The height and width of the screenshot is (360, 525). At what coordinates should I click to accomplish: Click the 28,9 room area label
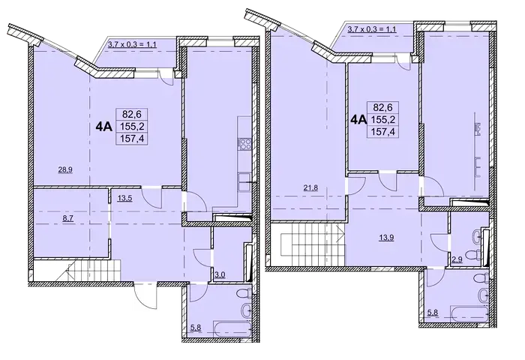[x=65, y=169]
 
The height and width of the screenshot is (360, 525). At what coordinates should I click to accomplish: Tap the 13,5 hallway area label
[x=125, y=198]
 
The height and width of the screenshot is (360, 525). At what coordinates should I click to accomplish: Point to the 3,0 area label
[x=220, y=275]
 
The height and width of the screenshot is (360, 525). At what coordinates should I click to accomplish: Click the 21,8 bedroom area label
[x=310, y=187]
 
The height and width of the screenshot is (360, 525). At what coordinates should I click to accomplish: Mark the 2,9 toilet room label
[x=457, y=259]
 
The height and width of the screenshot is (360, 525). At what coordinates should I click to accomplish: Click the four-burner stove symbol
[x=244, y=144]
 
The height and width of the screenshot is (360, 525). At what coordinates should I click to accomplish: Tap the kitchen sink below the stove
[x=244, y=181]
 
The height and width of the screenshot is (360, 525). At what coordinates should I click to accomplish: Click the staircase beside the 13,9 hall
[x=309, y=244]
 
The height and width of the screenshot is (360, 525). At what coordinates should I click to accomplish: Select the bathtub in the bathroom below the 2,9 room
[x=469, y=313]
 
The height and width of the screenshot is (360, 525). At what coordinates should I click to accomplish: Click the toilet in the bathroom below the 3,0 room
[x=244, y=293]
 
